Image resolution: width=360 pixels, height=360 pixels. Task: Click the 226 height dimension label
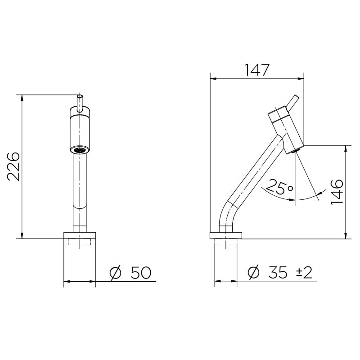coord(13,166)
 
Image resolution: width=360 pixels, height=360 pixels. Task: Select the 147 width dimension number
coord(256,70)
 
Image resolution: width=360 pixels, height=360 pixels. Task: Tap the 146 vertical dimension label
coord(337,192)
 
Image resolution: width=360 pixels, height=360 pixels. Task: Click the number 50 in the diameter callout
coord(141,273)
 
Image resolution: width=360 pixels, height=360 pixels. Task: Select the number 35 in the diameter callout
coord(278,273)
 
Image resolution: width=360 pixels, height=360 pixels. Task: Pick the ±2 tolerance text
coord(304,273)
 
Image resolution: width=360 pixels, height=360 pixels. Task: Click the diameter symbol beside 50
coord(115,273)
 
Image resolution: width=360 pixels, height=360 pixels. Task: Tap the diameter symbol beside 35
coord(253,273)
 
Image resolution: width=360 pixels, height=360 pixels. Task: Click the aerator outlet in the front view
coord(80,150)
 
